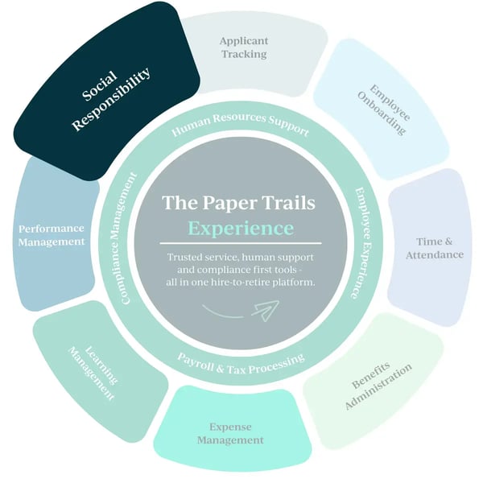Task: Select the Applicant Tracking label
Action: click(244, 47)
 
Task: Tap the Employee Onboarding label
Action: click(383, 107)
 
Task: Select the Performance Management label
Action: click(52, 234)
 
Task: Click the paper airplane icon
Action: click(265, 308)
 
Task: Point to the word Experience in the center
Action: click(241, 228)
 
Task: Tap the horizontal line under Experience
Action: click(241, 243)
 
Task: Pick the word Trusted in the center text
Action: click(186, 257)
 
